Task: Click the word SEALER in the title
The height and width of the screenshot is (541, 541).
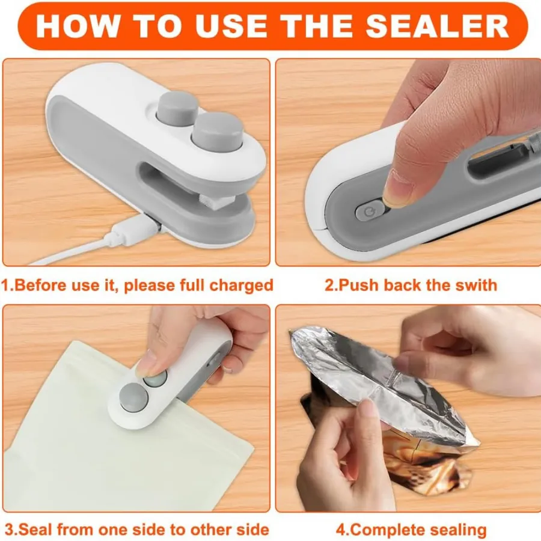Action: point(437,26)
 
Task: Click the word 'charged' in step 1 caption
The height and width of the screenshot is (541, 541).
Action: point(242,286)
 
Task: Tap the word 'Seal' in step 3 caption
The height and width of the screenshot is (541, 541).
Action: point(34,529)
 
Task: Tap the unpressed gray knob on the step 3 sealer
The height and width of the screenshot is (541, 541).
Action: point(133,397)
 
